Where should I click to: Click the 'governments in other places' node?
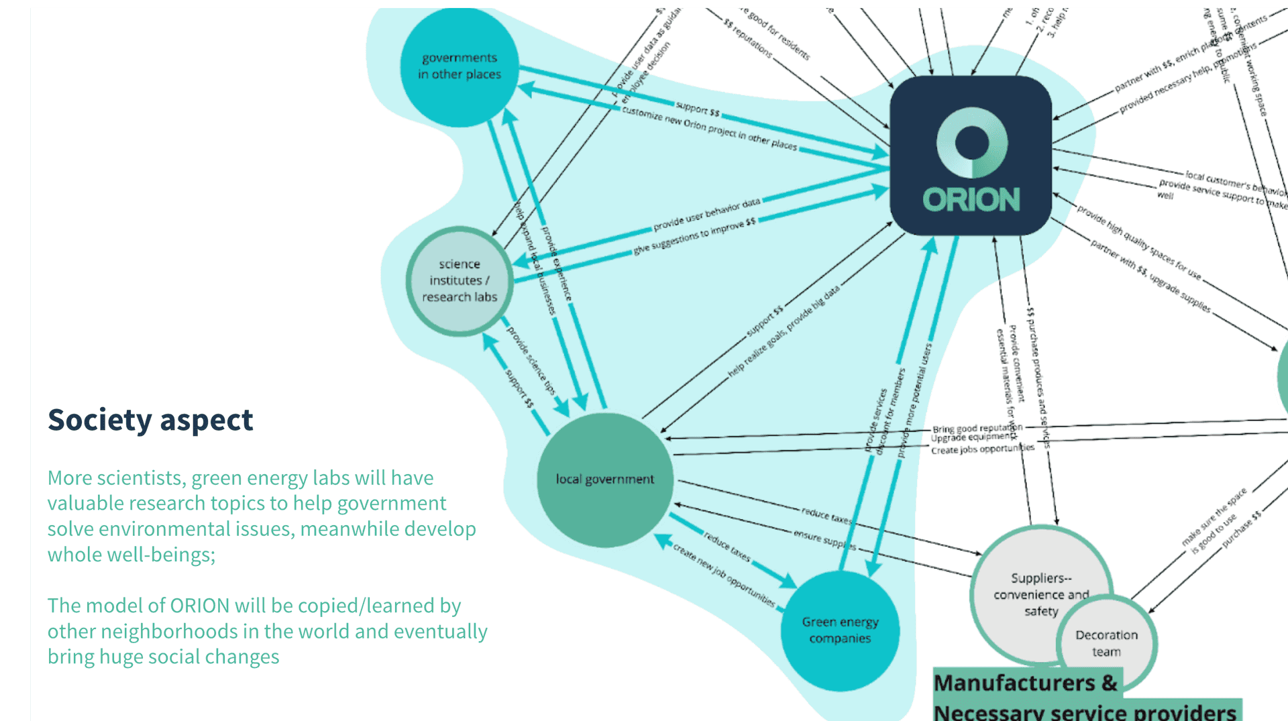coord(460,66)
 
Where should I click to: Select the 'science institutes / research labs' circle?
coord(460,280)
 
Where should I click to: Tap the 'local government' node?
coord(604,479)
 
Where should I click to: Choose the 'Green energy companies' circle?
coord(840,630)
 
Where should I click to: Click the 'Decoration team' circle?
coord(1106,643)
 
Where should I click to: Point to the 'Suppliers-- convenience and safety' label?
coord(1041,594)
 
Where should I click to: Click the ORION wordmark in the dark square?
coord(971,199)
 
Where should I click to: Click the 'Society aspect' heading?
coord(150,420)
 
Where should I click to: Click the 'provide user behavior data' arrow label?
coord(707,214)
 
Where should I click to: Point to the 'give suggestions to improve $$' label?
coord(694,235)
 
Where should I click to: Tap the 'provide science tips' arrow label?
coord(531,360)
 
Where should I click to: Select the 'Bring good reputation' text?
coord(977,428)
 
